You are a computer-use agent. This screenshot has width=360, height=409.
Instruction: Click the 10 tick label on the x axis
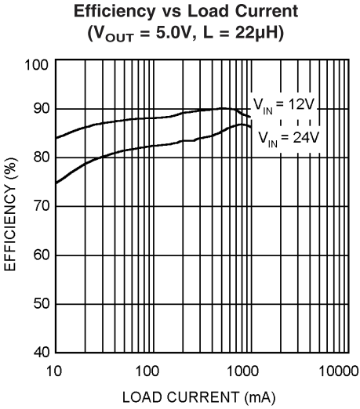coord(54,368)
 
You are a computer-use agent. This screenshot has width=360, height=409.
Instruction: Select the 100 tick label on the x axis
coord(147,368)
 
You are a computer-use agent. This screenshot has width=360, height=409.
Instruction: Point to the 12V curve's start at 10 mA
coord(55,138)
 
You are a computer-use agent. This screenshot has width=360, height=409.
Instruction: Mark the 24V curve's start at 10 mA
coord(55,183)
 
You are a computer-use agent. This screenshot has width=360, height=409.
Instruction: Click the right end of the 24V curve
coord(251,128)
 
